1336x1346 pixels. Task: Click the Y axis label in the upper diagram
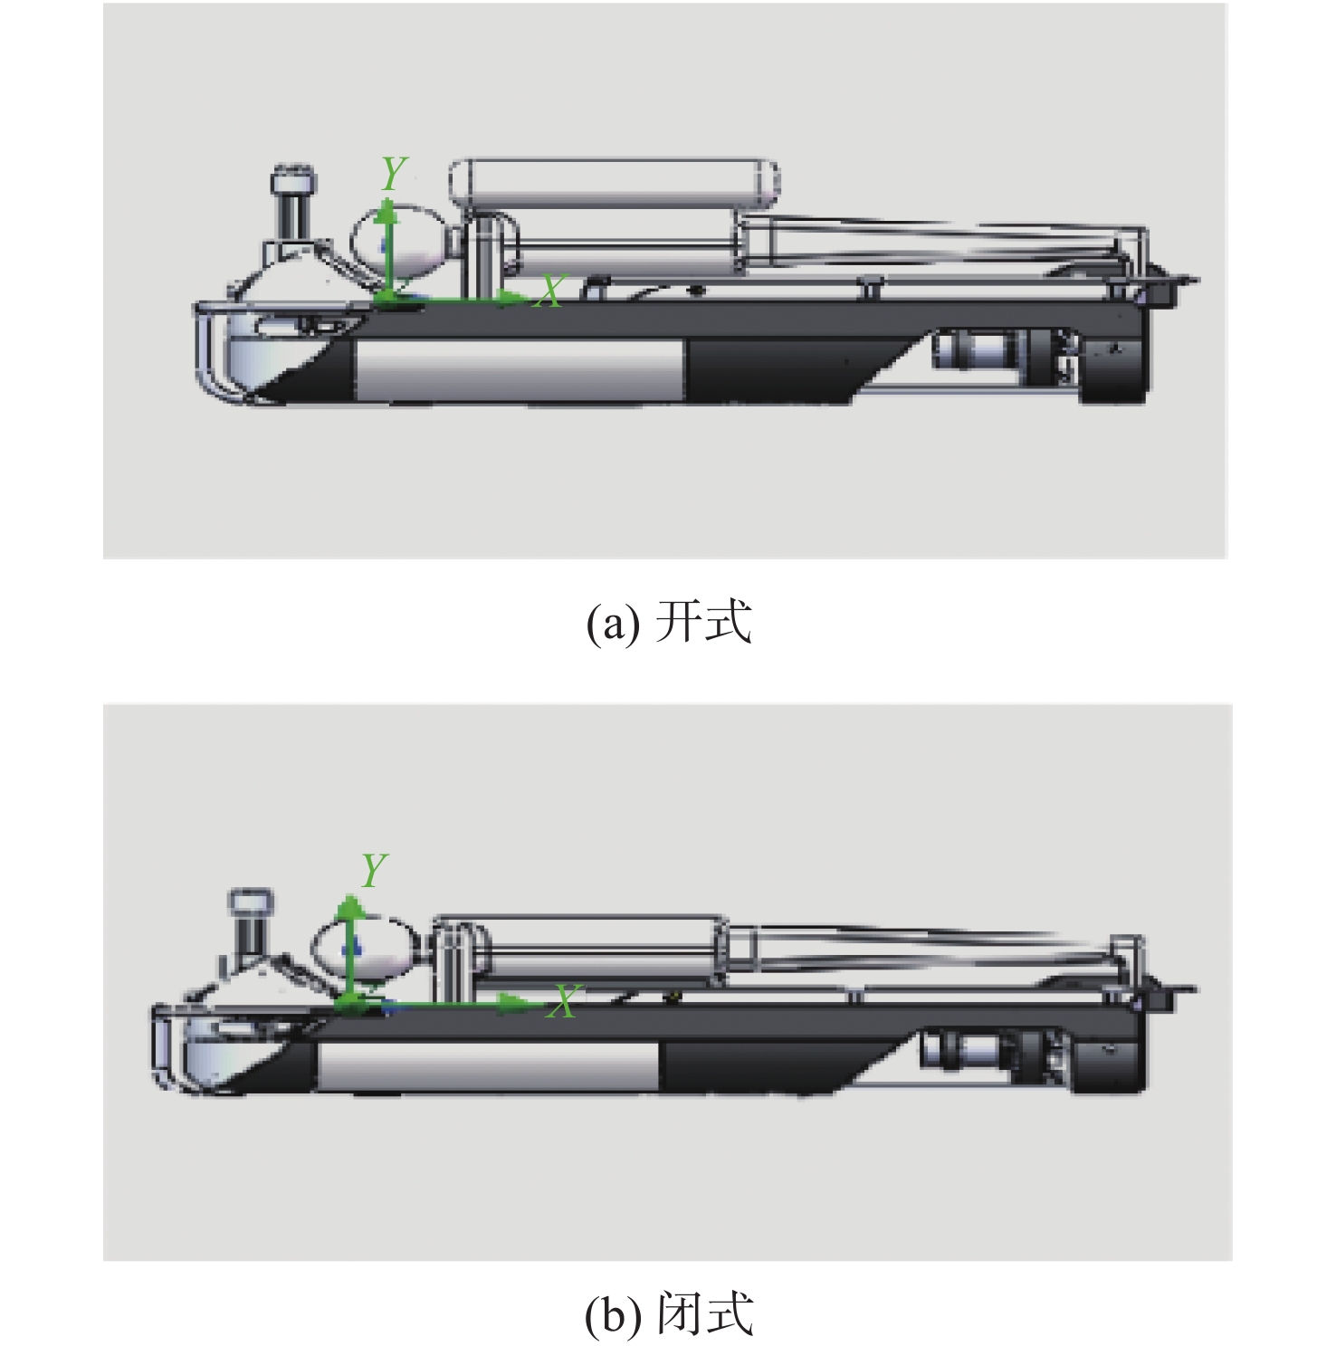click(394, 173)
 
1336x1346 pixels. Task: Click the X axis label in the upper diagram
click(549, 291)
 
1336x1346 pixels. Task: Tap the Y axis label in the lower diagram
click(374, 871)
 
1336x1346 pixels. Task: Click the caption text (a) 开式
click(668, 622)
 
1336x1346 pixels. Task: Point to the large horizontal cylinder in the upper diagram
click(615, 183)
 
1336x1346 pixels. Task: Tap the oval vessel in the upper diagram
click(399, 241)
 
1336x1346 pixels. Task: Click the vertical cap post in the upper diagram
click(293, 205)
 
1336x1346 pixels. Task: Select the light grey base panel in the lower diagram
click(489, 1065)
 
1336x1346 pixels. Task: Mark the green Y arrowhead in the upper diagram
click(387, 211)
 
